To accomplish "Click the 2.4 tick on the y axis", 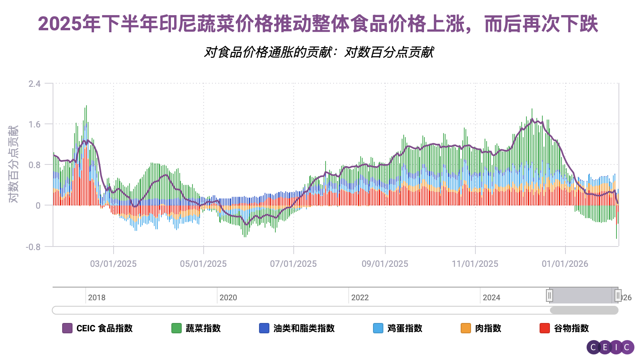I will [34, 84].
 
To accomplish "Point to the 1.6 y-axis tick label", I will [34, 125].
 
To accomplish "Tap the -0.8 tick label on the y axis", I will [33, 247].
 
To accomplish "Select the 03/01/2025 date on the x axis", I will [113, 264].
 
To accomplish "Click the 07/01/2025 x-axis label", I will [293, 264].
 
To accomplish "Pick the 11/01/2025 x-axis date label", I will [475, 264].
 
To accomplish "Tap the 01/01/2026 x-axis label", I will [565, 264].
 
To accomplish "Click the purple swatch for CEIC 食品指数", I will [67, 328].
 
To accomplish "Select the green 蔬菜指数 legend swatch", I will [176, 328].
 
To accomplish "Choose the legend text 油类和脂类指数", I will [304, 328].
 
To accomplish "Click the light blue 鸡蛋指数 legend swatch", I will [378, 328].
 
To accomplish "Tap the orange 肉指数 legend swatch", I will [465, 328].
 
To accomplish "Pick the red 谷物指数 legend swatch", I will [544, 328].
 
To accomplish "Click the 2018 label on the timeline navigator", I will [96, 297].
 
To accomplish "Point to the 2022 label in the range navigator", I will [359, 297].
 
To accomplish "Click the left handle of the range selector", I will [550, 295].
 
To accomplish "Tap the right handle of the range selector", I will [618, 295].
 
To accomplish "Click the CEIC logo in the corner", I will [610, 347].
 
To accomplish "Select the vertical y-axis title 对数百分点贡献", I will [14, 164].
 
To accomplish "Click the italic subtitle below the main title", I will [319, 52].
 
